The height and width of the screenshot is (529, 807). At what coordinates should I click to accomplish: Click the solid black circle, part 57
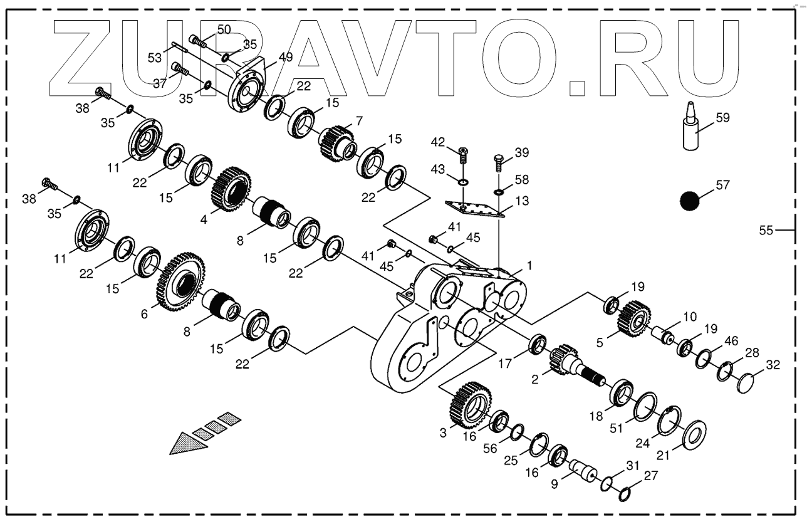pos(690,201)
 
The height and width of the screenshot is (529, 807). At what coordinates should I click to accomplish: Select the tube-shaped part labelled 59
pos(690,130)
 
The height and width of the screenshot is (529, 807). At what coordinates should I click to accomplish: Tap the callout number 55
pos(766,231)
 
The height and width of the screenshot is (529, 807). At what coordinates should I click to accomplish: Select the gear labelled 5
pos(633,317)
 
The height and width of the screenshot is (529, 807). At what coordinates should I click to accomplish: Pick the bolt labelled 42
pos(462,152)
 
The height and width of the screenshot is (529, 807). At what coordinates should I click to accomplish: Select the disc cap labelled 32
pos(745,380)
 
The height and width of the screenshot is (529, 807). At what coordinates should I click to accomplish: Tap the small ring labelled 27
pos(623,495)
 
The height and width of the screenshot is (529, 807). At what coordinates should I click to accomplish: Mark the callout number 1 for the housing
pos(529,266)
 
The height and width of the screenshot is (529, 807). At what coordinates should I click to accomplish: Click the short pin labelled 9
pos(583,470)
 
